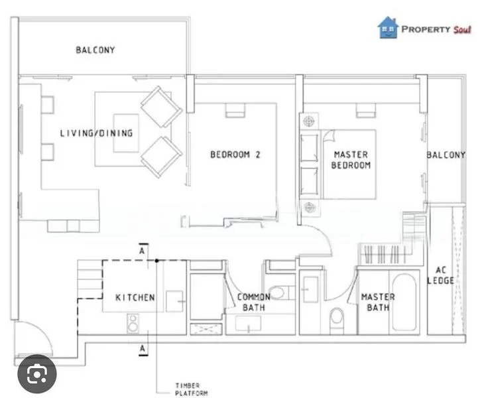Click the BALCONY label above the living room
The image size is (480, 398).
click(95, 50)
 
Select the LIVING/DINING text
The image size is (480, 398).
click(96, 133)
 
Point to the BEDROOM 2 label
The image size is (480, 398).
click(235, 155)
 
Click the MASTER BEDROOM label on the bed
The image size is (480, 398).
click(351, 160)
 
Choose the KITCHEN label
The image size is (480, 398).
click(135, 297)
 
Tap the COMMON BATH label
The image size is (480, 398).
click(254, 302)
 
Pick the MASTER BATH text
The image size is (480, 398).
click(378, 302)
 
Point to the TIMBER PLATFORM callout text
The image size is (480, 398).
click(192, 389)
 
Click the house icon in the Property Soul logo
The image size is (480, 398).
click(389, 27)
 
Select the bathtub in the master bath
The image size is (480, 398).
click(404, 302)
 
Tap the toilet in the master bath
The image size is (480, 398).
click(337, 317)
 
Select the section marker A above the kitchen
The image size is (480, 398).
click(142, 251)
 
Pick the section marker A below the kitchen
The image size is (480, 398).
click(142, 347)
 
